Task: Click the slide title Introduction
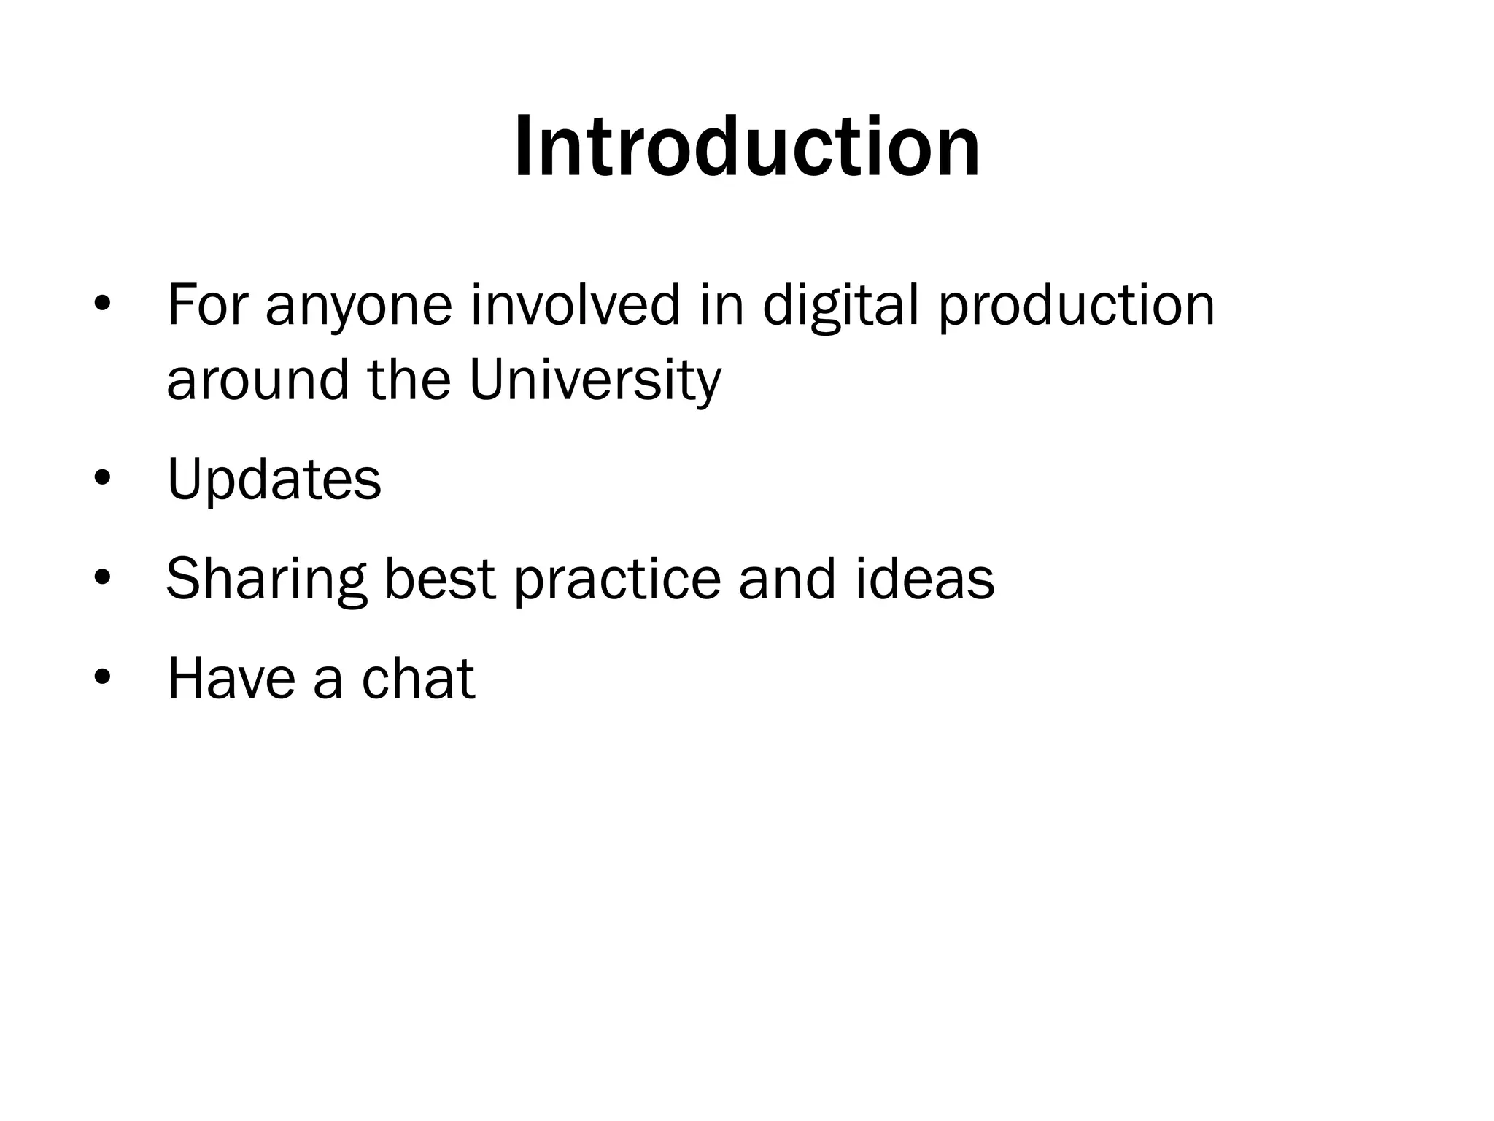tap(747, 147)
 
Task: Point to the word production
tap(1077, 307)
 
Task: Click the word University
tap(595, 381)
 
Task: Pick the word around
tap(258, 381)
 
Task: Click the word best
tap(440, 579)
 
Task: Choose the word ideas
tap(924, 579)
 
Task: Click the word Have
tap(230, 679)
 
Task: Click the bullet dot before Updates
tap(102, 478)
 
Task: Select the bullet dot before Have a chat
tap(102, 677)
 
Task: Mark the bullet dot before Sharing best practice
tap(102, 578)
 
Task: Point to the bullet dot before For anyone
tap(102, 304)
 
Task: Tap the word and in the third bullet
tap(787, 579)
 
